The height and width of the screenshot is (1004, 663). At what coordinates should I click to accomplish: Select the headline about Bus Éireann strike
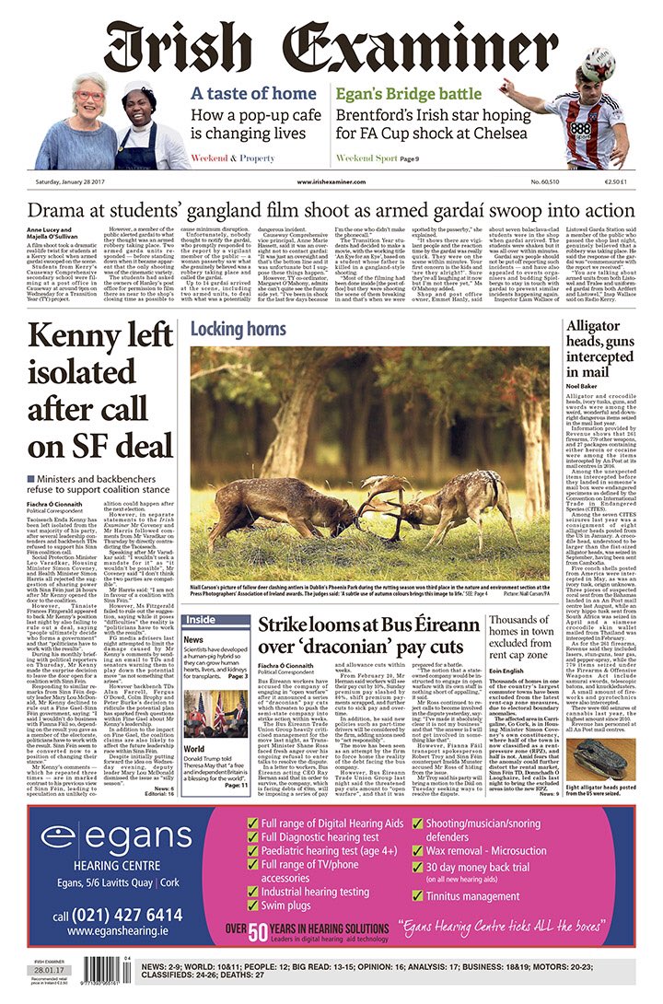pyautogui.click(x=368, y=636)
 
